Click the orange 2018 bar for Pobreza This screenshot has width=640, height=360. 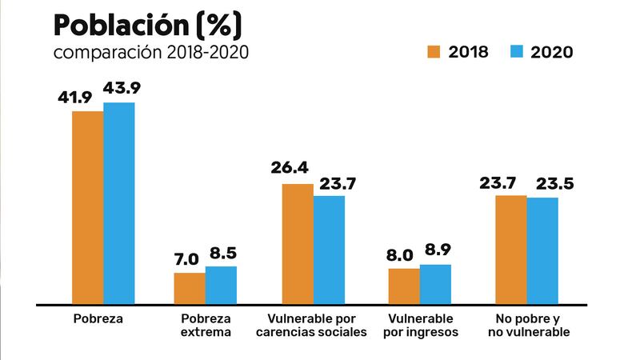click(x=87, y=207)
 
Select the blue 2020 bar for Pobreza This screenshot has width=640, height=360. click(x=119, y=203)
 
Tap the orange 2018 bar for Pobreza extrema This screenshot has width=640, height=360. click(x=190, y=288)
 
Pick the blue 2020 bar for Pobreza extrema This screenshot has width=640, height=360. click(x=222, y=285)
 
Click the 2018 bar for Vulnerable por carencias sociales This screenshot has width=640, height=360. click(x=297, y=243)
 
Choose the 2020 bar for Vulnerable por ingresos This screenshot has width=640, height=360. click(x=435, y=284)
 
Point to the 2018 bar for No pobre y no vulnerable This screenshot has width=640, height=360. click(x=511, y=249)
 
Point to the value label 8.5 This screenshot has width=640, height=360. click(x=222, y=254)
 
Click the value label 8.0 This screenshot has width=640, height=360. click(x=404, y=256)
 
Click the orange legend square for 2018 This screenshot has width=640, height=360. click(x=435, y=52)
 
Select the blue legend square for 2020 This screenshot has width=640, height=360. click(x=516, y=52)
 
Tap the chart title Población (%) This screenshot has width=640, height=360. click(x=146, y=26)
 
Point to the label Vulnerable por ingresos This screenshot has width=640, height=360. click(x=420, y=325)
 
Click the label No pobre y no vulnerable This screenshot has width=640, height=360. click(x=527, y=325)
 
